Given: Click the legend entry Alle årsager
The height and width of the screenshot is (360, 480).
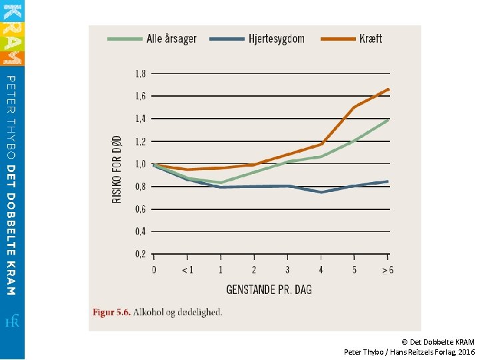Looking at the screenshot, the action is coord(171,39).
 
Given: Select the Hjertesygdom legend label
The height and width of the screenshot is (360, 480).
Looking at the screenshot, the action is coord(277,39).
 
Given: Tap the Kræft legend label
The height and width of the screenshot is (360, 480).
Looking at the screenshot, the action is coord(371,39).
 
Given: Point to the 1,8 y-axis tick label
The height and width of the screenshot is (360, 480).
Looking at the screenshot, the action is coord(141,74).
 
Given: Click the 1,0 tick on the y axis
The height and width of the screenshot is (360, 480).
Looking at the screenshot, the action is coord(141,164).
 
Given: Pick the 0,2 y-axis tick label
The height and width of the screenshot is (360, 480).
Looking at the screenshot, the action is coord(141,254).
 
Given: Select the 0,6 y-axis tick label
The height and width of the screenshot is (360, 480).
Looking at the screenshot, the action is coord(141,209).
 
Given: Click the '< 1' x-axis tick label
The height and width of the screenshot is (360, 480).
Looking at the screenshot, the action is coord(187,270).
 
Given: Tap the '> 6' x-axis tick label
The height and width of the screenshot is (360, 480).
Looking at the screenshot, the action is coord(388,270).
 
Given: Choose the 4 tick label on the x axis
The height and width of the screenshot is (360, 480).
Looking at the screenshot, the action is coord(321,270).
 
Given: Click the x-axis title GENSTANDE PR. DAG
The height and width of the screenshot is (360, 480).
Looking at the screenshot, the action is coord(269,289).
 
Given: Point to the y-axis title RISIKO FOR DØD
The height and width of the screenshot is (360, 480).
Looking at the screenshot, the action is coord(117,169).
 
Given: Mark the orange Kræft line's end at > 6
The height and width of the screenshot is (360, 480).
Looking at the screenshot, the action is coord(389,89).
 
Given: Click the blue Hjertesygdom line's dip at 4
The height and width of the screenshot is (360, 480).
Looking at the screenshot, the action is coord(321,192).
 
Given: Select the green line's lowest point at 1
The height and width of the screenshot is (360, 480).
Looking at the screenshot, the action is coord(221,183).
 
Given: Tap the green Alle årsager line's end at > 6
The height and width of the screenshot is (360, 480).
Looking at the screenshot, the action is coord(388,120).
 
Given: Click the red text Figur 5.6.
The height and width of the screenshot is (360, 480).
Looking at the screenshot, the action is coord(111,313).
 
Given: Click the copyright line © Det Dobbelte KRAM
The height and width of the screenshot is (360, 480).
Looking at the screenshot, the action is coord(438,342).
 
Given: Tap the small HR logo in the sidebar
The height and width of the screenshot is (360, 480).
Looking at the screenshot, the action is coord(12,321).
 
